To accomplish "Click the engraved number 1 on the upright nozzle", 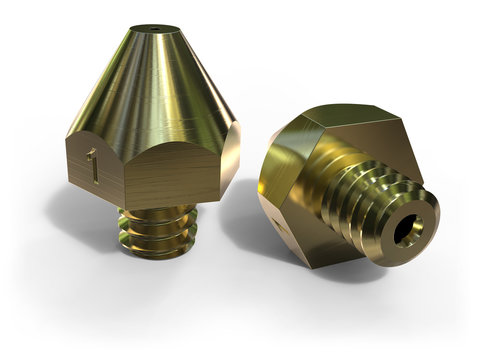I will (x=93, y=165).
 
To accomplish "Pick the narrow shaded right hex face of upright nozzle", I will (x=229, y=160).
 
